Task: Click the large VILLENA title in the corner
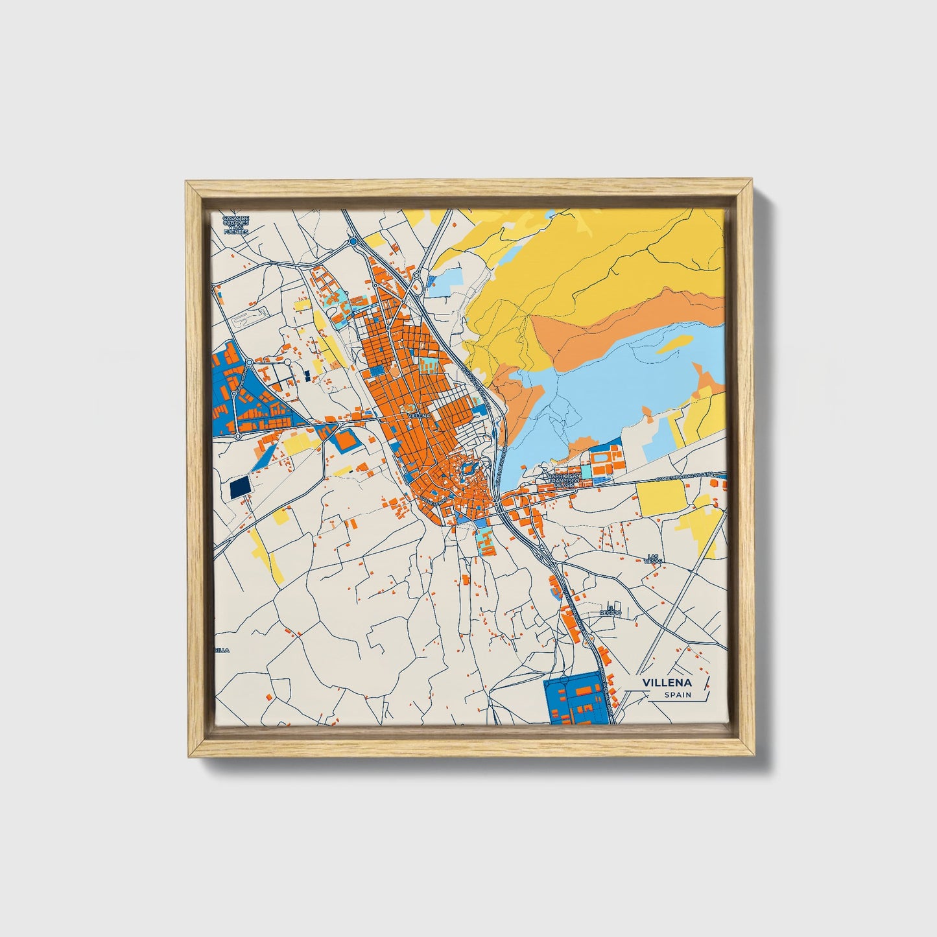point(667,683)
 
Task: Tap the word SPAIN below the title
point(677,695)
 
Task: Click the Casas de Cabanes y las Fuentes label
point(236,224)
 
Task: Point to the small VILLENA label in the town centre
point(419,416)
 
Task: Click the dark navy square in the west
point(239,488)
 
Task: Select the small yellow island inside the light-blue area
point(673,343)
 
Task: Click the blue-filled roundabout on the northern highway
point(353,242)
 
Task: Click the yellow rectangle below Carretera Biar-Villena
point(661,496)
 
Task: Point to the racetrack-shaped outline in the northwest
point(250,317)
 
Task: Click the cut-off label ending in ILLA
point(222,649)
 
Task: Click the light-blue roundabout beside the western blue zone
point(249,362)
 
